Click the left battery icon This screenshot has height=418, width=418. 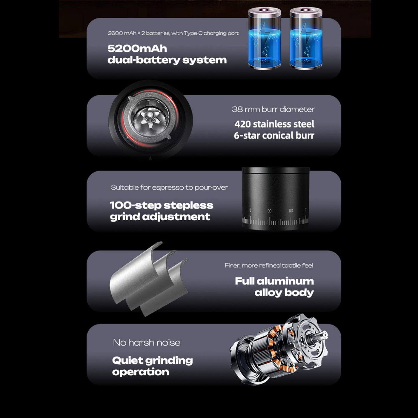coord(265,39)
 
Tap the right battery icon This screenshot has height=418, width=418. coord(306,39)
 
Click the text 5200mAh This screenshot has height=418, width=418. coord(137,48)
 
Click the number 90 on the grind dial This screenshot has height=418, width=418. coord(269,211)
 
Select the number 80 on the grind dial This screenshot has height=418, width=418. coord(291,210)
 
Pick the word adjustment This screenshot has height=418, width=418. coord(176,217)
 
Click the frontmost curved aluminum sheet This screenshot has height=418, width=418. coord(165,288)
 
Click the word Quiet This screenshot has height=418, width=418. coord(127,360)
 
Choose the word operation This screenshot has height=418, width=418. coord(141,372)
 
